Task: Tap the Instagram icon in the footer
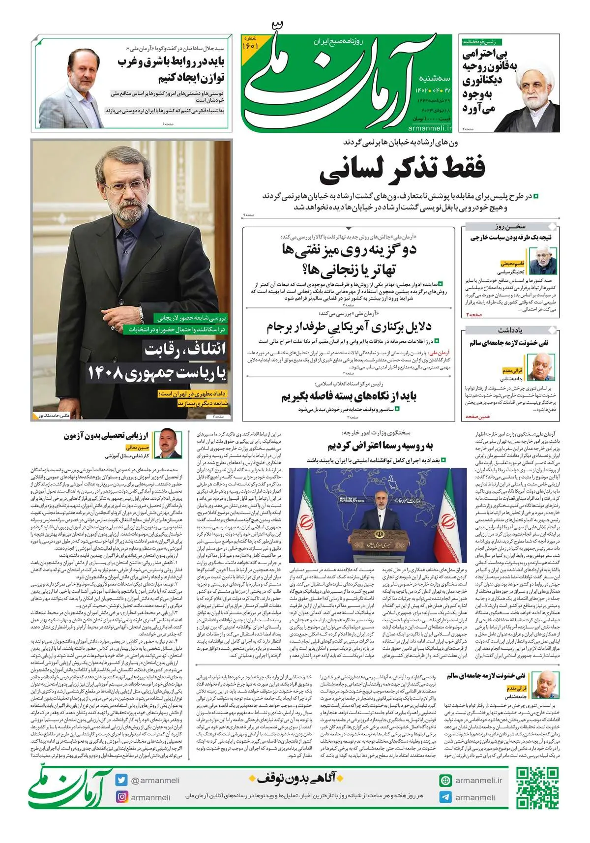[x=121, y=797]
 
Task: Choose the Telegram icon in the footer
[x=445, y=797]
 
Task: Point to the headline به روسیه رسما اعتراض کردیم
[x=380, y=446]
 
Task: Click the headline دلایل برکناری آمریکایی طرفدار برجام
[x=349, y=327]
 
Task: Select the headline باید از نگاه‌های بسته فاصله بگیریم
[x=349, y=396]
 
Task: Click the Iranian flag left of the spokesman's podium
[x=305, y=521]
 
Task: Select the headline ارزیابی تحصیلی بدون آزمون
[x=106, y=436]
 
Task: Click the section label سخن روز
[x=510, y=227]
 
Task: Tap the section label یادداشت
[x=510, y=330]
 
